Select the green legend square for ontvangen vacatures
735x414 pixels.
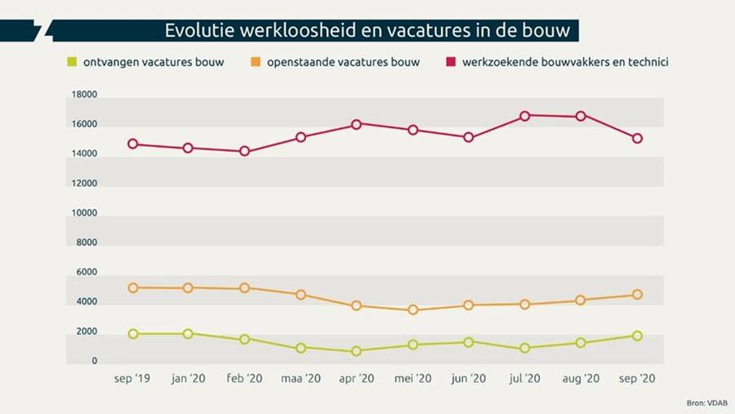pyautogui.click(x=72, y=62)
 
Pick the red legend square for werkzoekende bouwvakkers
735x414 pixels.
pyautogui.click(x=450, y=62)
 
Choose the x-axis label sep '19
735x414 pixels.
pyautogui.click(x=132, y=379)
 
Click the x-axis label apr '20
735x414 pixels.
pyautogui.click(x=356, y=379)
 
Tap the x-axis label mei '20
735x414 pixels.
pyautogui.click(x=412, y=379)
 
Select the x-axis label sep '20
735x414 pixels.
pyautogui.click(x=637, y=379)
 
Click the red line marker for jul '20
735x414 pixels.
pyautogui.click(x=525, y=116)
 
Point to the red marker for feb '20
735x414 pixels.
pyautogui.click(x=244, y=152)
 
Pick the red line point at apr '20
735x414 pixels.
pyautogui.click(x=356, y=125)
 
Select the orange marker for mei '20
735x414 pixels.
pyautogui.click(x=412, y=310)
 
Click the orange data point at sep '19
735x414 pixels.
pyautogui.click(x=132, y=287)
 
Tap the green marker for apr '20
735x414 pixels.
pyautogui.click(x=356, y=351)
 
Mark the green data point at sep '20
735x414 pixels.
pyautogui.click(x=637, y=336)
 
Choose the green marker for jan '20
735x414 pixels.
pyautogui.click(x=188, y=334)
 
